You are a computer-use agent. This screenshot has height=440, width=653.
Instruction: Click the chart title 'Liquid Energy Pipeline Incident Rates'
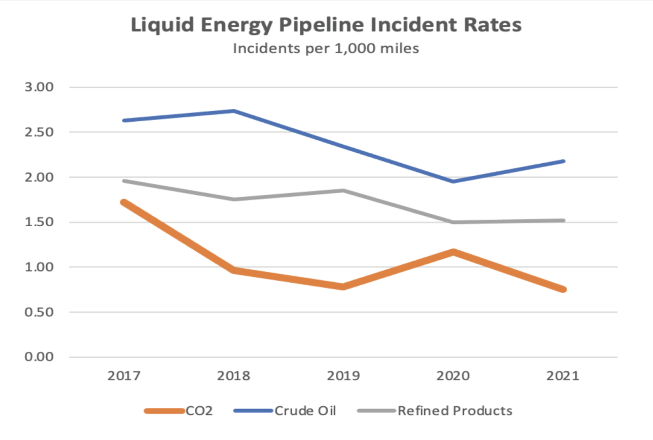point(326,26)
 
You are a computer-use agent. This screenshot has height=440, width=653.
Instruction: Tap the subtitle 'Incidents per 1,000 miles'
point(326,48)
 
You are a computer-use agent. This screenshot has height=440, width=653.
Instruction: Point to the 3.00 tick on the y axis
point(39,87)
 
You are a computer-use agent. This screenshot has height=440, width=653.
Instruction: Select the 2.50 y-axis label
point(39,132)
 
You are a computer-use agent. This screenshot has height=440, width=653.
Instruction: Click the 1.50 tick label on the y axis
point(39,222)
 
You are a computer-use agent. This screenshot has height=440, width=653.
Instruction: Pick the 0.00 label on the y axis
point(39,357)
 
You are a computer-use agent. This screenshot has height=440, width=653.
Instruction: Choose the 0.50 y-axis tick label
point(39,312)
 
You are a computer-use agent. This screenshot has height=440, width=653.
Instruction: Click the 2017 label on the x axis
point(125,376)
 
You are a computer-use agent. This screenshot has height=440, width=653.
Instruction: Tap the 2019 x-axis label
point(344,376)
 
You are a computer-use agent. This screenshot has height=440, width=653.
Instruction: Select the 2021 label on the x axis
point(563,376)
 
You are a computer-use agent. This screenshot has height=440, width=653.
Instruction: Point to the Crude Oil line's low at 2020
point(453,181)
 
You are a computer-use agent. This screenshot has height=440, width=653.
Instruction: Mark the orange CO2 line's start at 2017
point(125,202)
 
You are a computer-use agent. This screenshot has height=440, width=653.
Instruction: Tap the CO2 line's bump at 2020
point(453,252)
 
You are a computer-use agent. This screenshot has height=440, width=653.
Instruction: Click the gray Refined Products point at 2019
point(344,190)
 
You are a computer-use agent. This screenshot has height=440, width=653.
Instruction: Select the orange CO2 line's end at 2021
point(563,289)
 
